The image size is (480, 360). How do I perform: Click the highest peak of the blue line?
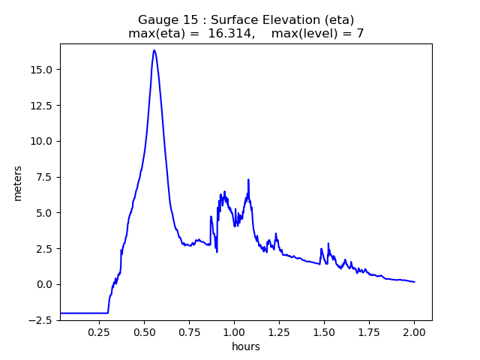(154, 50)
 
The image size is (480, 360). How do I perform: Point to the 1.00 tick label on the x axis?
(235, 331)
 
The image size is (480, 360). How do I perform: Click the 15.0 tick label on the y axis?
(42, 70)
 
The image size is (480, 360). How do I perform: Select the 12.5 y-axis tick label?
(42, 106)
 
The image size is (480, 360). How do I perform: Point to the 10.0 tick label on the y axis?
(42, 141)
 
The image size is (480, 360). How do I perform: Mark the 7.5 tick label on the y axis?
(44, 177)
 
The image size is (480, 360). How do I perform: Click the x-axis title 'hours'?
(246, 346)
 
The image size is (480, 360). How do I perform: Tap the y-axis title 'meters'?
(18, 183)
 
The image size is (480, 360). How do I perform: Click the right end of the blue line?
(415, 282)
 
